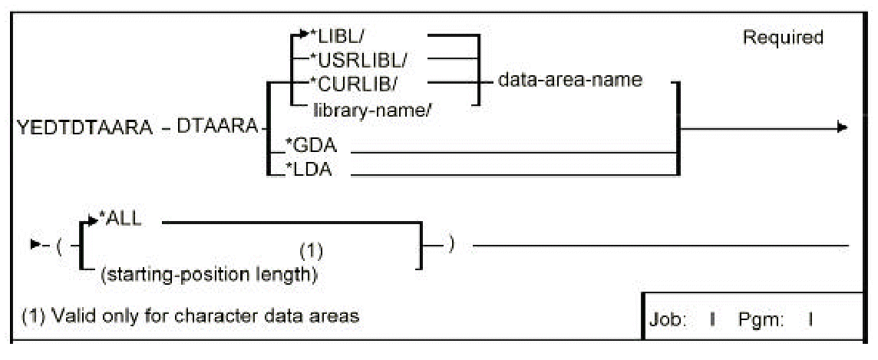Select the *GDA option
pyautogui.click(x=309, y=150)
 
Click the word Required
pyautogui.click(x=782, y=38)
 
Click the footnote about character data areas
pyautogui.click(x=190, y=315)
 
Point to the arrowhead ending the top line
pyautogui.click(x=842, y=127)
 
